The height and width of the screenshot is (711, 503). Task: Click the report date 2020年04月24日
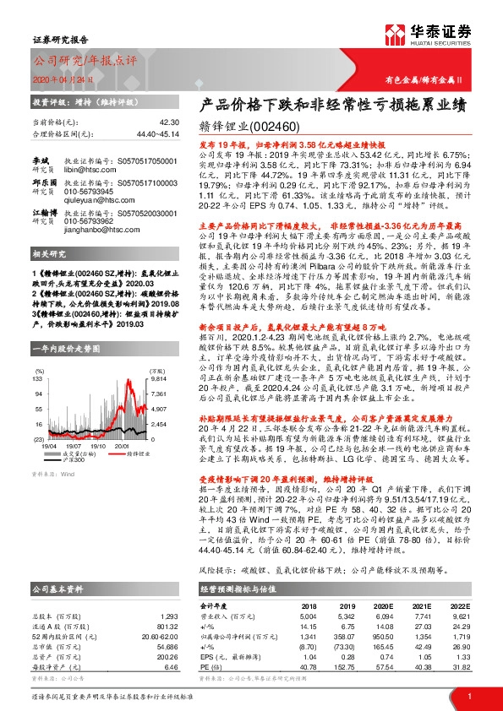(58, 79)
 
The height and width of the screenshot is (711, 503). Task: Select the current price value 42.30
(169, 122)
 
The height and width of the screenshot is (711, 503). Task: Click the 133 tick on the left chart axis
(37, 380)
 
